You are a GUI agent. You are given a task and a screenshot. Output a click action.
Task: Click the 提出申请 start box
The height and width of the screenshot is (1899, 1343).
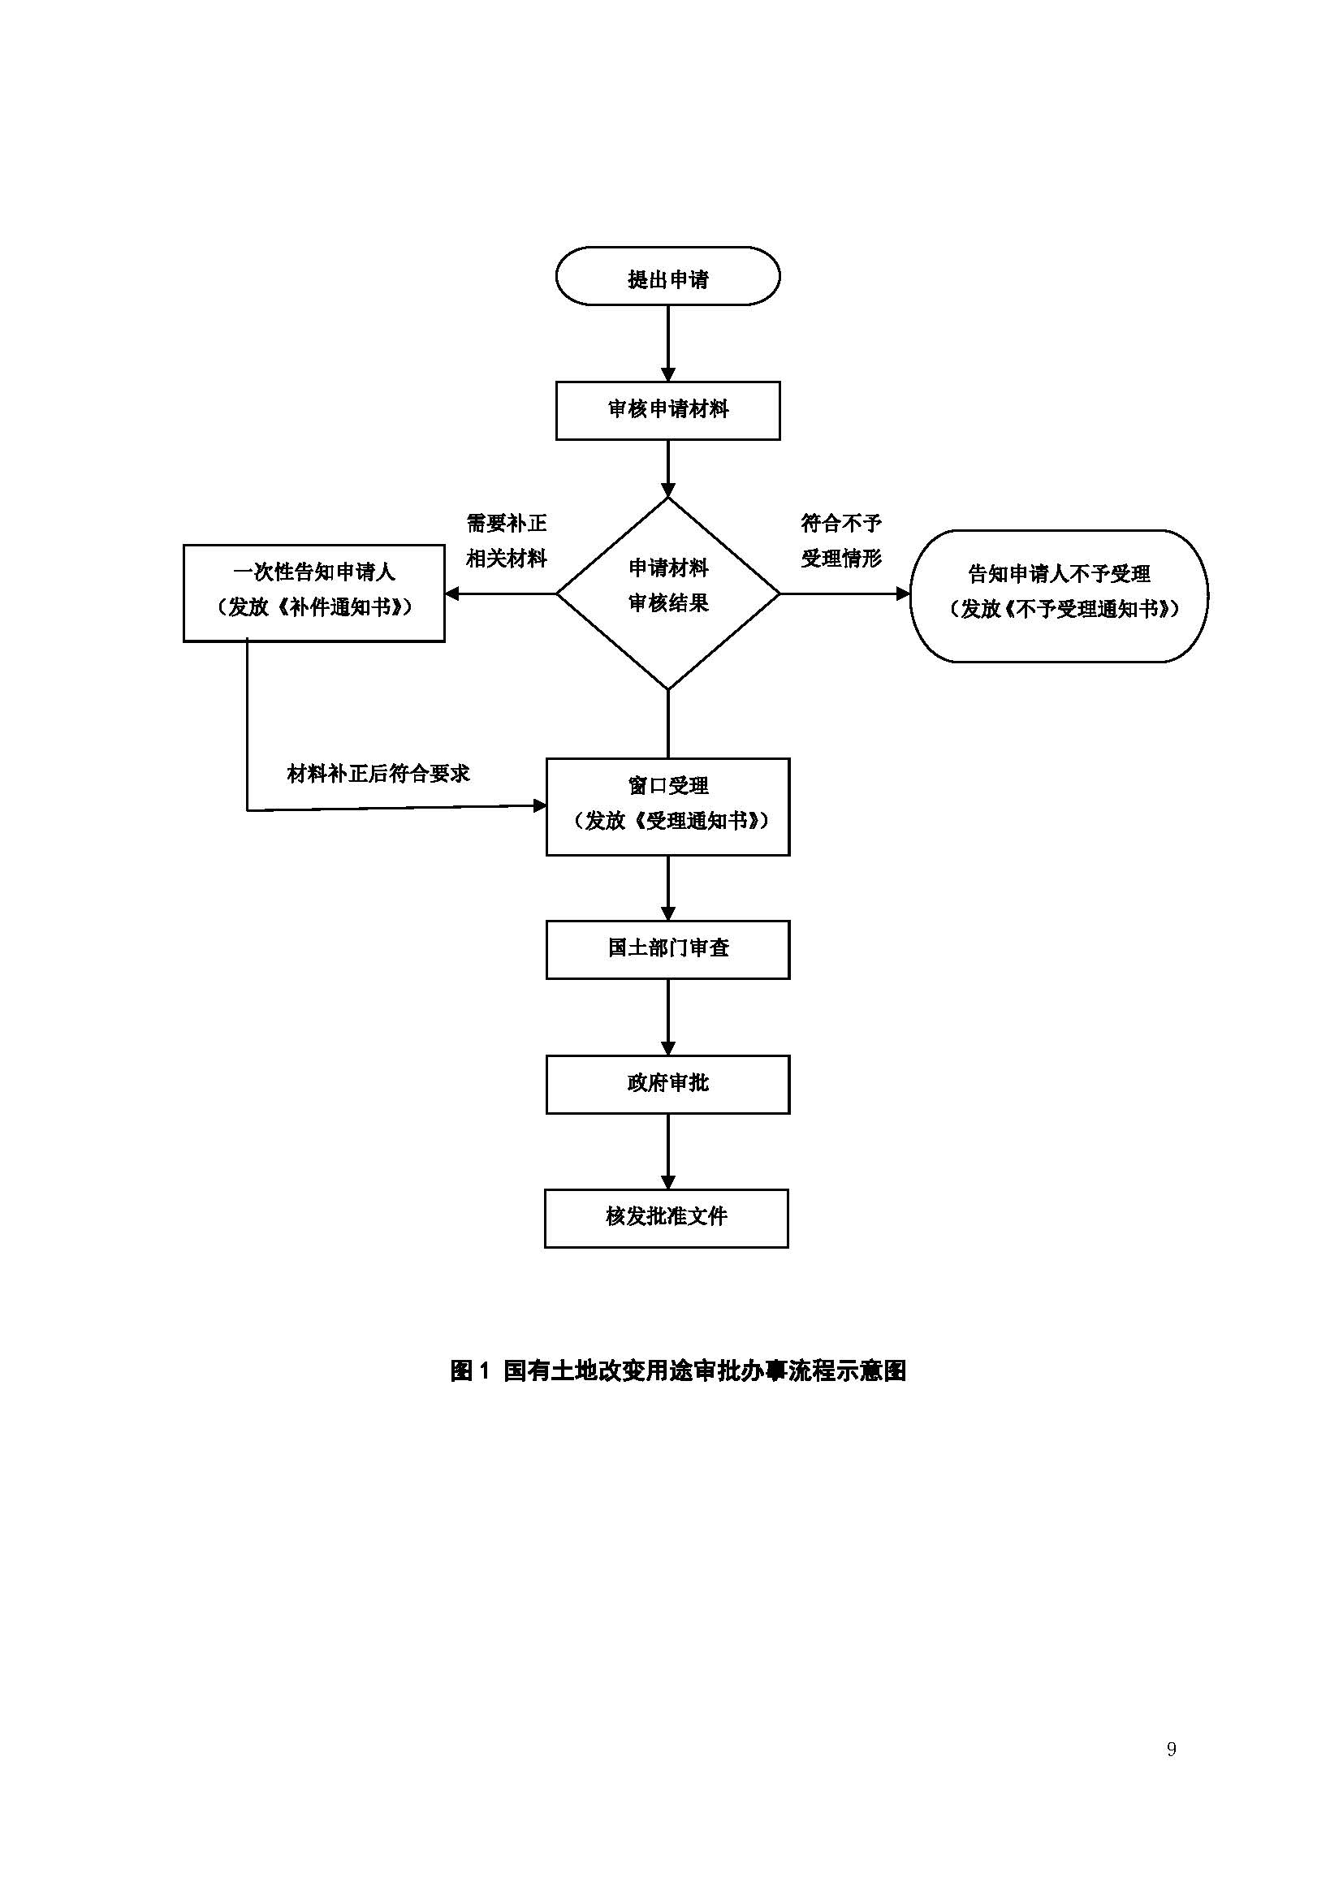pos(667,276)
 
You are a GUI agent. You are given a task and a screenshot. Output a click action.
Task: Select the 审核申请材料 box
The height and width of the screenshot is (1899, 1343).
pos(667,410)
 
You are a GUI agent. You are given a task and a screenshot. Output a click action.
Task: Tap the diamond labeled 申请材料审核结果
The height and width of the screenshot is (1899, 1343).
pos(667,593)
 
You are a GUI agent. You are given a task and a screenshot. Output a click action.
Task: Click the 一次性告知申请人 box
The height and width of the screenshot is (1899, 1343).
pos(313,592)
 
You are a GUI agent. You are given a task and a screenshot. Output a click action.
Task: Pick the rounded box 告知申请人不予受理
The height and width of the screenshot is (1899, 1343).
pos(1059,595)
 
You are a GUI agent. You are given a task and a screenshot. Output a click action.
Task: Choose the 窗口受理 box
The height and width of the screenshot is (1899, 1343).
pos(667,806)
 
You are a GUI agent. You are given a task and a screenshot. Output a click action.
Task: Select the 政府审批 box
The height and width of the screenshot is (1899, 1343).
pos(667,1085)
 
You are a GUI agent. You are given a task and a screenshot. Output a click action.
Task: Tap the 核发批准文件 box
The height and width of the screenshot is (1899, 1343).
pos(666,1219)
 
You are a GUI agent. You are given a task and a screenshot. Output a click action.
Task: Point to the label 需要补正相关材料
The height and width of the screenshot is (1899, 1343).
pos(506,541)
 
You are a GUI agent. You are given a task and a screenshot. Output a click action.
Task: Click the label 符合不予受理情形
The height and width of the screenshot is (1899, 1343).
pos(841,541)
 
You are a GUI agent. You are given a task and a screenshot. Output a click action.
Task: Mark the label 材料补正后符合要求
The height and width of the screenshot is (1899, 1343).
pos(378,774)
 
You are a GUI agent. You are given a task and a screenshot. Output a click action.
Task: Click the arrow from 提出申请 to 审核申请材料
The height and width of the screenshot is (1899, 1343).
pos(668,343)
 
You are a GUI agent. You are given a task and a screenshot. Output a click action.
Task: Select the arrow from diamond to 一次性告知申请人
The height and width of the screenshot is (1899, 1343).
pos(500,593)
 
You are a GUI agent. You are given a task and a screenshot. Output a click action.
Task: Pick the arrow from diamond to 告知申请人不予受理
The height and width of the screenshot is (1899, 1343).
pos(844,593)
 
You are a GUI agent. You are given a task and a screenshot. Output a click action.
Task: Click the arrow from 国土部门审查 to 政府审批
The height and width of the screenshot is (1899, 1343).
pos(668,1017)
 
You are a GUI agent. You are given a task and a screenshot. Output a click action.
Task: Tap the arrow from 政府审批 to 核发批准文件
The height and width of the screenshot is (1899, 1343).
pos(668,1151)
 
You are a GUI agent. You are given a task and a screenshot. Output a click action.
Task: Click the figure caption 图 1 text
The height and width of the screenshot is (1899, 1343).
pos(678,1370)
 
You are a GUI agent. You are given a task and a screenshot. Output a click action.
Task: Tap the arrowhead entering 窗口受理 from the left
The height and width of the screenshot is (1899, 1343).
pos(539,805)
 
